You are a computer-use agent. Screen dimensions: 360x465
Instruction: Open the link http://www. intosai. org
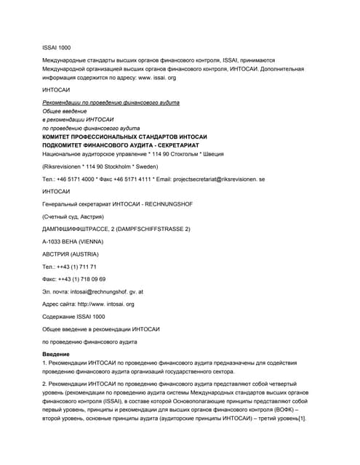(x=107, y=304)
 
